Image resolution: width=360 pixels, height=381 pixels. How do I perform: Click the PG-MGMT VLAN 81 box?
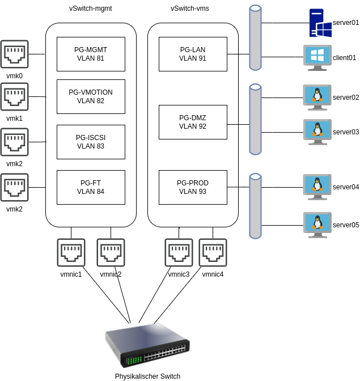[91, 54]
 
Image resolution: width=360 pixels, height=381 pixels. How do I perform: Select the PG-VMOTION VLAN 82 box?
[91, 96]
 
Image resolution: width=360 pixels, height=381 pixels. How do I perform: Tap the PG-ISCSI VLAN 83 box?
[91, 142]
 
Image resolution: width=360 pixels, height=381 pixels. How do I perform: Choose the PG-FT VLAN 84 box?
[91, 187]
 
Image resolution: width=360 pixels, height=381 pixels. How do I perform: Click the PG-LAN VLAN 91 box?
[193, 54]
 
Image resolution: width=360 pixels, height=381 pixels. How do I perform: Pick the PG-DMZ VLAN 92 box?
[193, 122]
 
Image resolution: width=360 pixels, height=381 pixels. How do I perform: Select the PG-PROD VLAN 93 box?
[193, 187]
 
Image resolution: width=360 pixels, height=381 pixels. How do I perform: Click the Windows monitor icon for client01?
[317, 57]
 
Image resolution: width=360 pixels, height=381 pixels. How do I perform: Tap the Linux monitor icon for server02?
[317, 97]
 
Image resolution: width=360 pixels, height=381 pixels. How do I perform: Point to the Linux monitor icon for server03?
[317, 132]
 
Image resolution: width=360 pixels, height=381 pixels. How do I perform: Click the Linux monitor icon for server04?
[317, 187]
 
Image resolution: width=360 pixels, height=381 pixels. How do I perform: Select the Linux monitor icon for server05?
[317, 225]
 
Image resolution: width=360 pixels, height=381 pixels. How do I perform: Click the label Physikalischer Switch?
[147, 376]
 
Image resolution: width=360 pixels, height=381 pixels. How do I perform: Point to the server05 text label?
[346, 225]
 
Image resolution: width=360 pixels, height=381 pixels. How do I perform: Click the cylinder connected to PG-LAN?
[255, 38]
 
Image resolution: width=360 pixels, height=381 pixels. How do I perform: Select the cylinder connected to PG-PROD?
[255, 206]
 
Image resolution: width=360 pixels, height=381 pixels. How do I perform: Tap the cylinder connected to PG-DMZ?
[255, 119]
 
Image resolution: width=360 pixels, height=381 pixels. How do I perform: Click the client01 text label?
[344, 58]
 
